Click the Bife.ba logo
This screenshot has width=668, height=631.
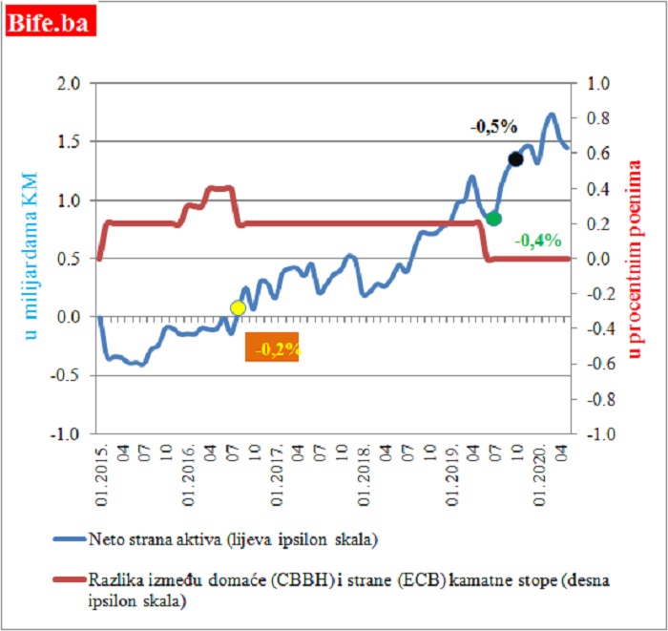(51, 21)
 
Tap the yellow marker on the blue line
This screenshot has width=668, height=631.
(238, 307)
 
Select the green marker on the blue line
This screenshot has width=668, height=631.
(493, 219)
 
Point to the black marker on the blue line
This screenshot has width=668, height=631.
(515, 159)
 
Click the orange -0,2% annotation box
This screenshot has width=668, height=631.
(272, 347)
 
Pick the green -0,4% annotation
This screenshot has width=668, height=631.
(537, 241)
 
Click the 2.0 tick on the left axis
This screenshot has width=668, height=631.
(70, 84)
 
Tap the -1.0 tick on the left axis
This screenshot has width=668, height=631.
(68, 433)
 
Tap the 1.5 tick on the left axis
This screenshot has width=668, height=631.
(71, 142)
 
